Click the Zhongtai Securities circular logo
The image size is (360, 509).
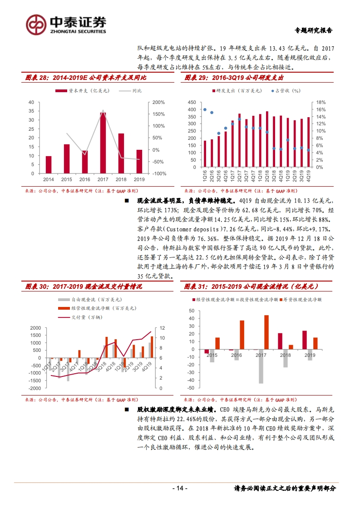point(36,25)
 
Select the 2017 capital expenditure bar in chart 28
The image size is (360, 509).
point(103,143)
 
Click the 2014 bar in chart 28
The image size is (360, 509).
point(49,164)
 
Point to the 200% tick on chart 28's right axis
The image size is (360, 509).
point(158,102)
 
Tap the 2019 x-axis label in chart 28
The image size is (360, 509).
point(139,179)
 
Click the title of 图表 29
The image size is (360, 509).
point(234,78)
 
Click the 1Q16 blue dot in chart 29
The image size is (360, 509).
point(205,110)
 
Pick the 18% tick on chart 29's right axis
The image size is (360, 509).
point(321,102)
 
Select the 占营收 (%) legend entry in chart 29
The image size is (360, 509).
point(286,91)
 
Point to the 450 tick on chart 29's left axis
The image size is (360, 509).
point(192,102)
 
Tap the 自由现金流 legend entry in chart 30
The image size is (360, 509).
point(90,300)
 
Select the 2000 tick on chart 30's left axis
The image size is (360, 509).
point(35,328)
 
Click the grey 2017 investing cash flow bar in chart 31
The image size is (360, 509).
point(261,366)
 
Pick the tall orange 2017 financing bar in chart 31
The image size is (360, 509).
point(266,332)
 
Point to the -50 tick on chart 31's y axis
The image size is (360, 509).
point(191,388)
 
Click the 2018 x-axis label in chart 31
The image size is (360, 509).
point(286,355)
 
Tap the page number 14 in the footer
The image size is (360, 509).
point(180,488)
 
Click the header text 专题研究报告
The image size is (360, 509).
point(314,30)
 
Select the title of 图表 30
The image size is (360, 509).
point(84,287)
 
